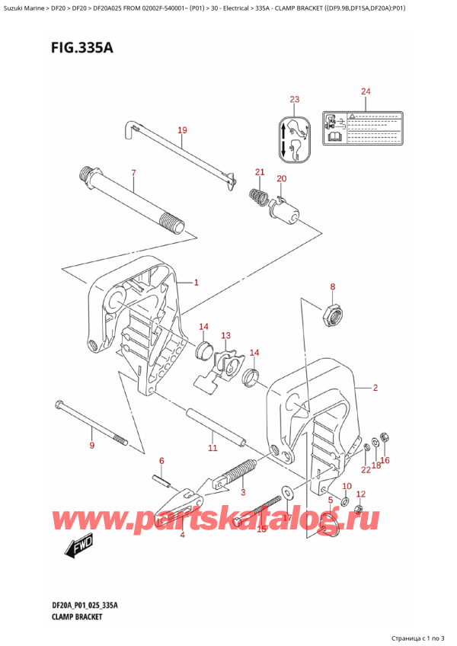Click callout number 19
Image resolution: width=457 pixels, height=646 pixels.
pos(182,130)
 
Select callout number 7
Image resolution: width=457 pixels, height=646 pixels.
pos(133,174)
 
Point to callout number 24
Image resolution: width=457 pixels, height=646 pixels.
pos(366,92)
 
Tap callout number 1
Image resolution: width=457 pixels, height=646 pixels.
pos(196,283)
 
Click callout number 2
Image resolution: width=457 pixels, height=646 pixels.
pos(375,388)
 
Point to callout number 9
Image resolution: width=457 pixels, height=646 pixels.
pos(92,445)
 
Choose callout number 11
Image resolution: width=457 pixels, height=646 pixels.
pos(213,447)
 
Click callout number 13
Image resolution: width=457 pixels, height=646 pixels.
pos(225,335)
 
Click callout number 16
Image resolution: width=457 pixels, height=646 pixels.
pos(385,460)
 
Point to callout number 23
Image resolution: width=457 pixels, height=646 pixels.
pos(295,100)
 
